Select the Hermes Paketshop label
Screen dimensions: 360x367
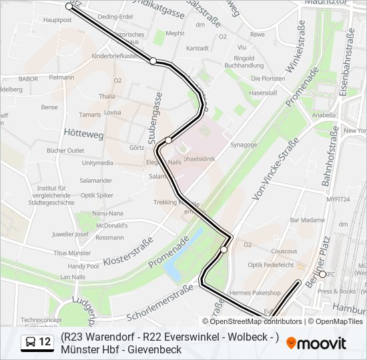pos(255,293)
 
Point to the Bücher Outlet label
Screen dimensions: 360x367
pos(65,151)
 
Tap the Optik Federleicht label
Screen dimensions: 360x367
pos(270,265)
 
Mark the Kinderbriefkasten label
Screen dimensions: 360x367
pos(115,57)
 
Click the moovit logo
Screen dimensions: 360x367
pos(316,343)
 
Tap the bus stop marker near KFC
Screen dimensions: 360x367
pos(322,274)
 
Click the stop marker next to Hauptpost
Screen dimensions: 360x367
pos(69,6)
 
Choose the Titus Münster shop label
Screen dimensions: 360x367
pos(72,253)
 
